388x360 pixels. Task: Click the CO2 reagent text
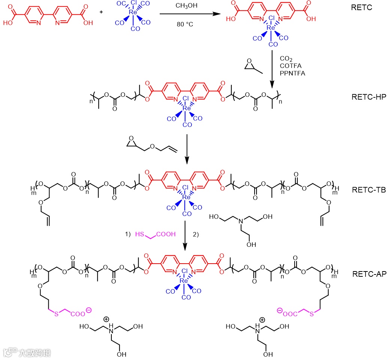286,59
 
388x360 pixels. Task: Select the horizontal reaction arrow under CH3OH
189,14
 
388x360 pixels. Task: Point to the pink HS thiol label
139,234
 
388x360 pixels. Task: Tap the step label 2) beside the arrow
195,234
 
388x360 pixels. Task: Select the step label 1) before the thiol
127,234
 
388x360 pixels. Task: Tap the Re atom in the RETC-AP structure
184,280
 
